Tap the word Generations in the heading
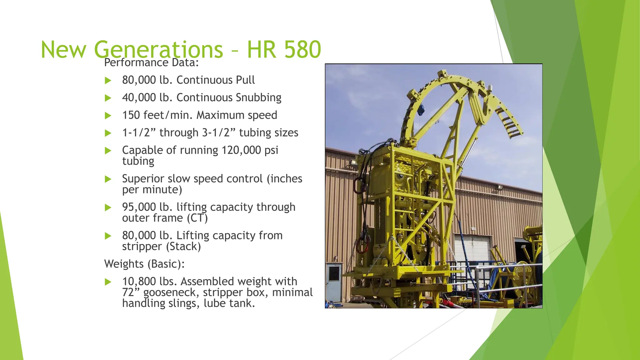click(x=158, y=49)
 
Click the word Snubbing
click(x=258, y=97)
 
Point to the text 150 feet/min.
click(x=157, y=115)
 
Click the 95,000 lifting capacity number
click(x=139, y=207)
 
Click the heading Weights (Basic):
click(x=144, y=264)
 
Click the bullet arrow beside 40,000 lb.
click(x=108, y=98)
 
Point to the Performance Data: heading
click(x=151, y=62)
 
